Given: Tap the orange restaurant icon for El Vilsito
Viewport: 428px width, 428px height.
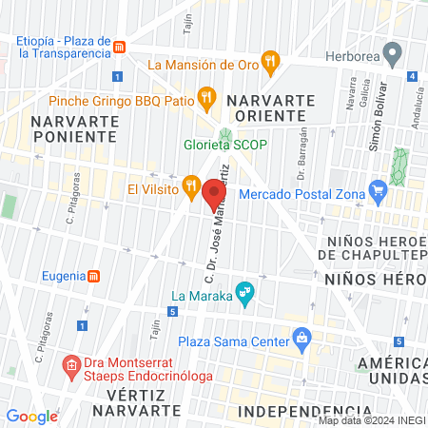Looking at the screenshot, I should (x=190, y=184).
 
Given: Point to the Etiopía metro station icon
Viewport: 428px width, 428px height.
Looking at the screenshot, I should (x=119, y=47).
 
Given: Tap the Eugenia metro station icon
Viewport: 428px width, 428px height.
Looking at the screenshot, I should (x=94, y=277).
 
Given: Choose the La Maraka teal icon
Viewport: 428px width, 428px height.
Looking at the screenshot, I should (x=245, y=292).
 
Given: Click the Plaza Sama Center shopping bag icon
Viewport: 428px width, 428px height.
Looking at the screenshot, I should (x=302, y=336).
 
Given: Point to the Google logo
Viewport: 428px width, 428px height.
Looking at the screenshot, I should (x=31, y=416).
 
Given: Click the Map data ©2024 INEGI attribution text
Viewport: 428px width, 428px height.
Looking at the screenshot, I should (x=369, y=420).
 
